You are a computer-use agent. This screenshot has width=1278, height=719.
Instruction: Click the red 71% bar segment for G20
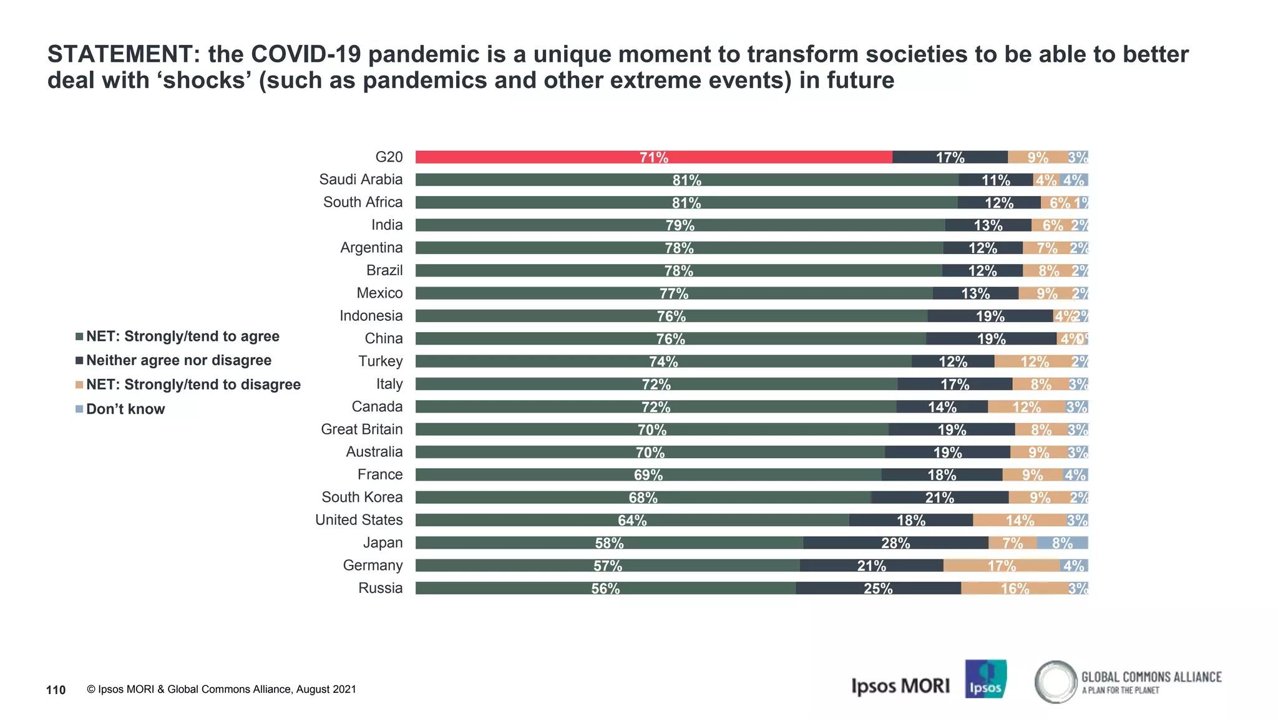(x=653, y=157)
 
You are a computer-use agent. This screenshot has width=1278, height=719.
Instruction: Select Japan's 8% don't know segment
(x=1062, y=543)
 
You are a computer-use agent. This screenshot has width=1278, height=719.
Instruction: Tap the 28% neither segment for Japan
(x=895, y=543)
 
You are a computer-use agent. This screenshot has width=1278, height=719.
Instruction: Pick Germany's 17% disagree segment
(x=1001, y=565)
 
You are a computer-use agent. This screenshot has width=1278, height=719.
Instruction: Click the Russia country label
(x=380, y=588)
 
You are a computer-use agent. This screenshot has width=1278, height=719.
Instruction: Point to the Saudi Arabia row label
(x=361, y=180)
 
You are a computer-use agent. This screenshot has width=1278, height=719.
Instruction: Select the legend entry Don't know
(x=125, y=409)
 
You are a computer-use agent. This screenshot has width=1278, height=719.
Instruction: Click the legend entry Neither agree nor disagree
(x=178, y=361)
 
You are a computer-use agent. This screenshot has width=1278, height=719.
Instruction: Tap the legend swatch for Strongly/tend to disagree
(x=79, y=384)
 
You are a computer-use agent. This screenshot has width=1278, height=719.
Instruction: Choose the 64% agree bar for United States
(x=632, y=520)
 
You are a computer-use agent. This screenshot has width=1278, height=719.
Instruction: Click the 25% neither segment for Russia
(x=877, y=588)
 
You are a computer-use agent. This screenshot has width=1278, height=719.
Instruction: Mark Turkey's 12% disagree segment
(x=1034, y=361)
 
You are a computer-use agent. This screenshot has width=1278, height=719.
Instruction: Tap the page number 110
(x=56, y=690)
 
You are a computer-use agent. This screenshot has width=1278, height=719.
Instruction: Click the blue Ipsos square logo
(x=985, y=679)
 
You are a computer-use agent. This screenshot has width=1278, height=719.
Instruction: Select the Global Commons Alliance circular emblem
(x=1055, y=682)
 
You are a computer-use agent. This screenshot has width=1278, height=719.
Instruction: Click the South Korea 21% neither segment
(x=939, y=497)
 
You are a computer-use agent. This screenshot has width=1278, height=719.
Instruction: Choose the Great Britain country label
(x=361, y=429)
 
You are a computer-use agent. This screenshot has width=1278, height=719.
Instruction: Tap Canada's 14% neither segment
(x=942, y=407)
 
